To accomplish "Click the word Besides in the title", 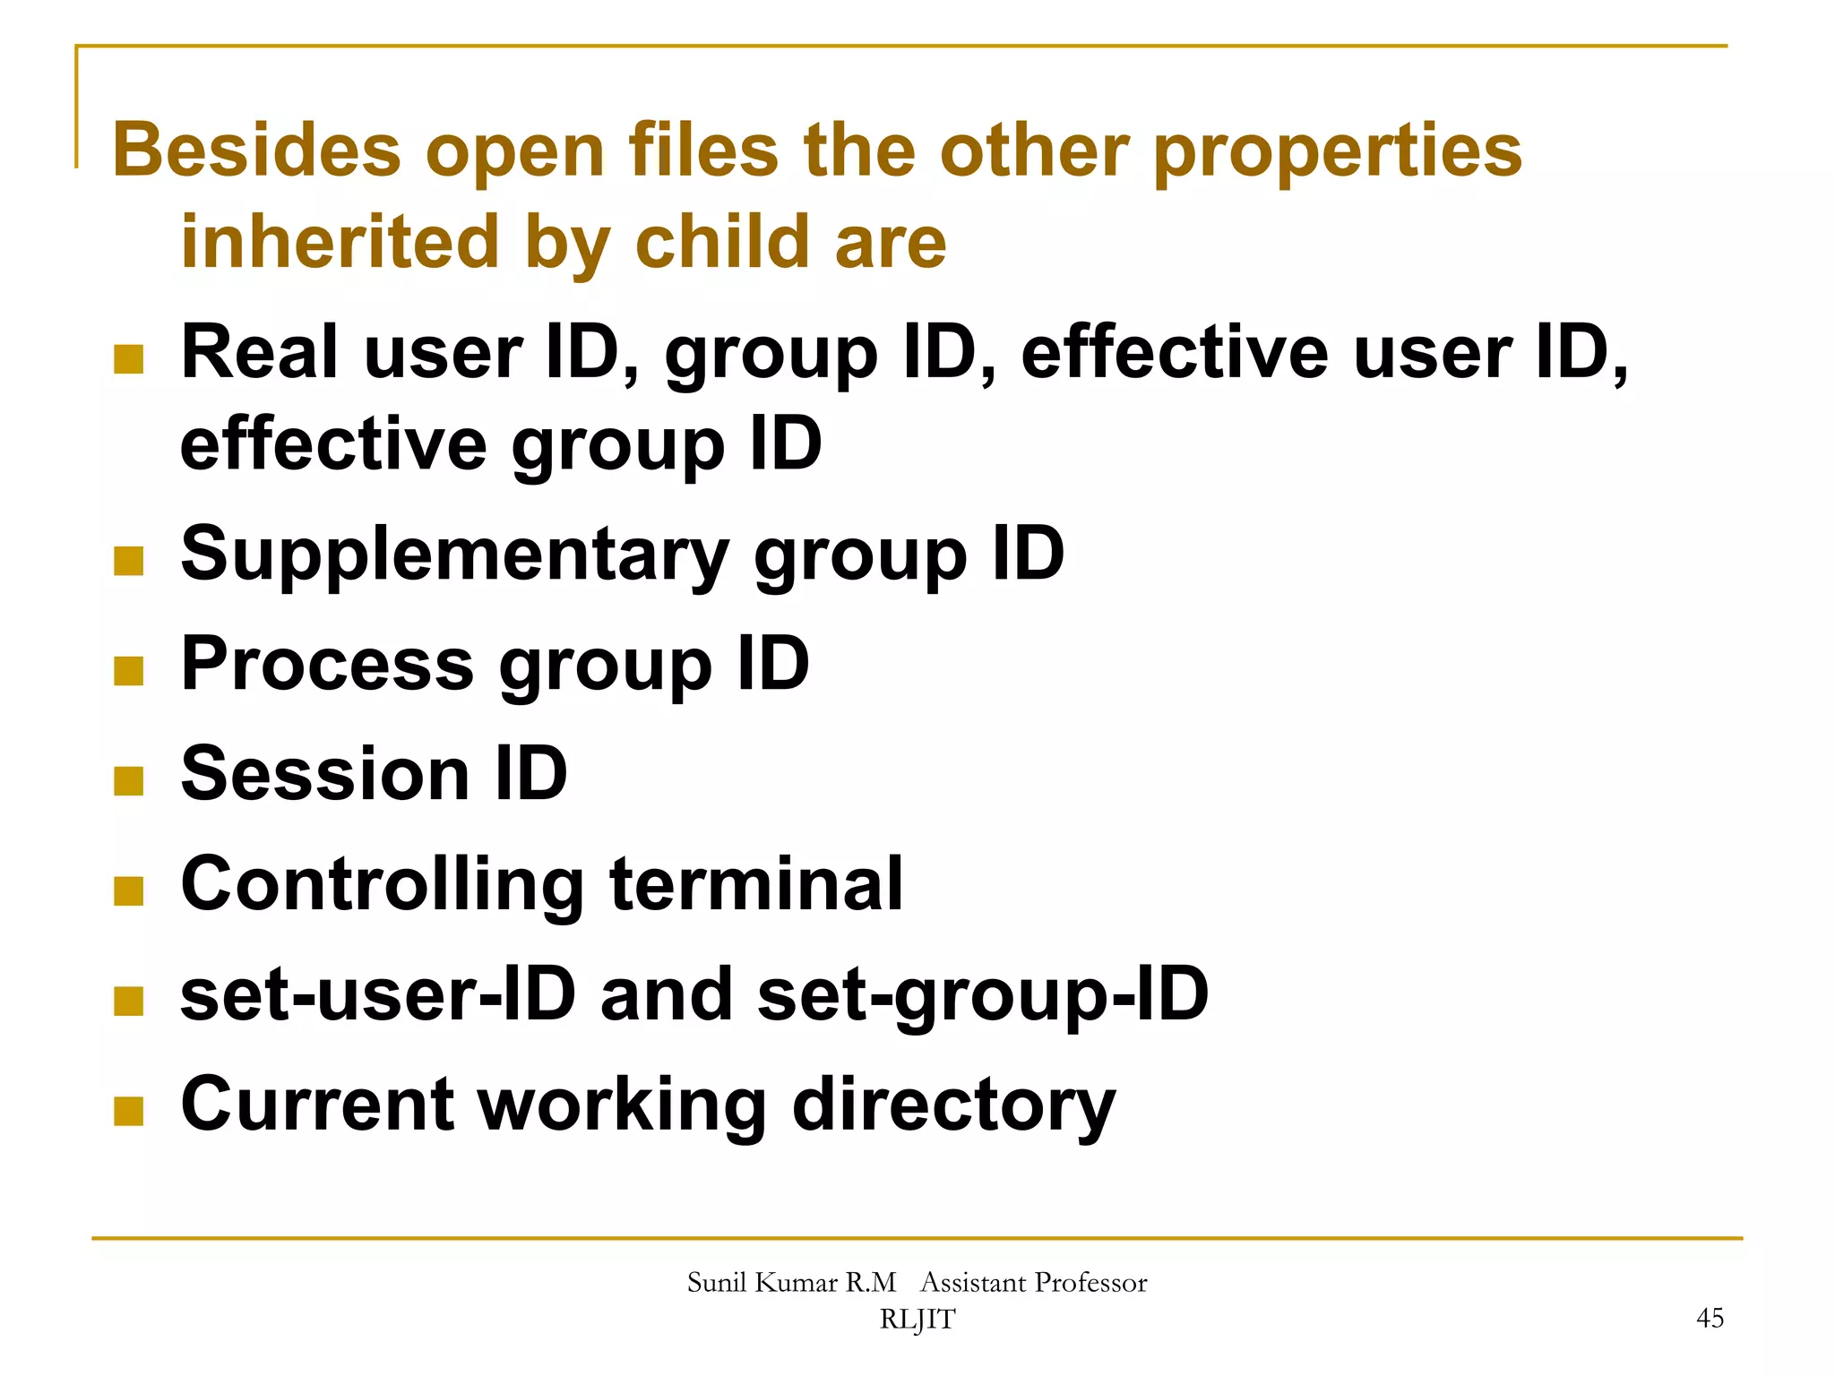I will [x=256, y=150].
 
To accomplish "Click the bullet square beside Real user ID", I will [x=129, y=359].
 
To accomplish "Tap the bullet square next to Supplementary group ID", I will [x=129, y=561].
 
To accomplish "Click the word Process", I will [x=327, y=665].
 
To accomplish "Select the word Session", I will [x=325, y=774].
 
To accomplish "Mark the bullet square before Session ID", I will [x=129, y=780].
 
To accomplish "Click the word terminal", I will [x=756, y=885].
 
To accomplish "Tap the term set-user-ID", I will [x=377, y=994].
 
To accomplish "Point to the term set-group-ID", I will [x=983, y=996].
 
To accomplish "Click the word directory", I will [x=954, y=1105].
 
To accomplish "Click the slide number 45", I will [x=1710, y=1318].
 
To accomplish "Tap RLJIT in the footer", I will [x=917, y=1320].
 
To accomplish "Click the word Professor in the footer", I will [x=1090, y=1283].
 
